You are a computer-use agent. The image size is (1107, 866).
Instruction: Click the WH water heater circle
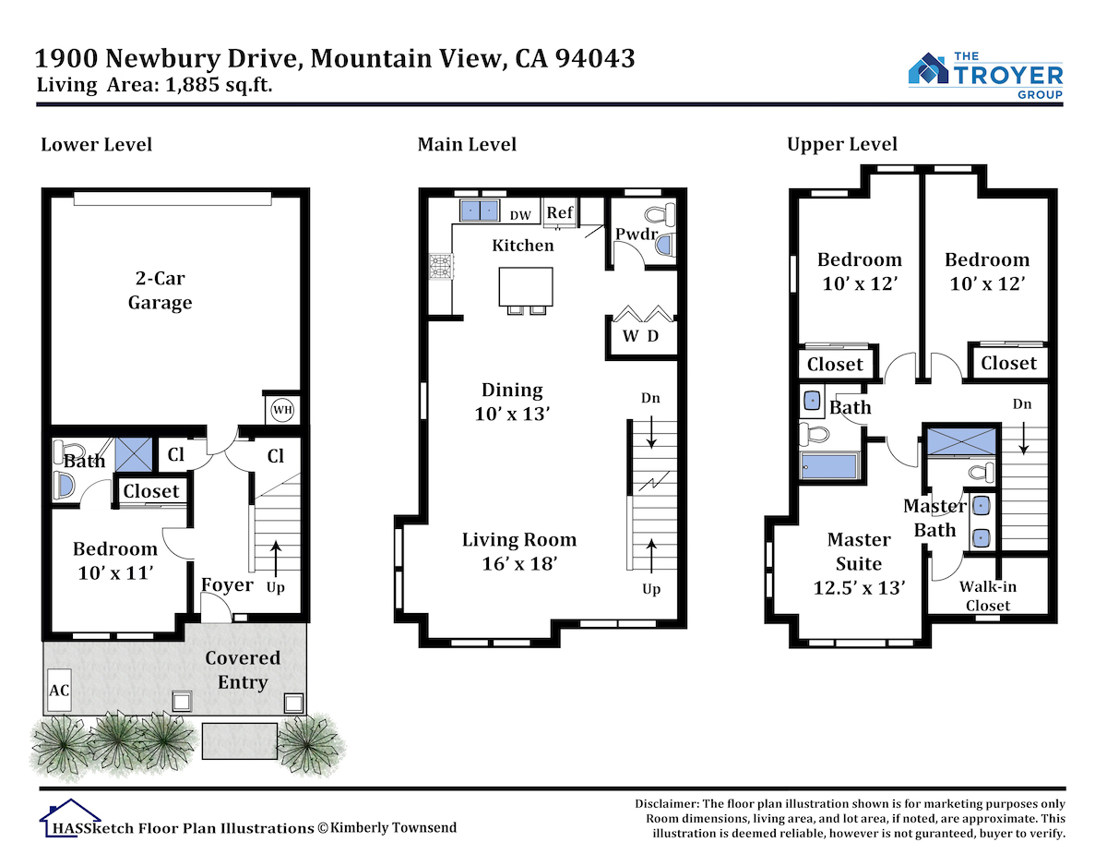282,409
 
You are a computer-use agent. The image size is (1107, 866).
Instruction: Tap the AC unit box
59,690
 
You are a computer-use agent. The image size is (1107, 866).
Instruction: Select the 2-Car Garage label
160,290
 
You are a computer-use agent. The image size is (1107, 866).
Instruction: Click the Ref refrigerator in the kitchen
559,212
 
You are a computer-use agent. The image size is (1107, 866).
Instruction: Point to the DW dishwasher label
520,215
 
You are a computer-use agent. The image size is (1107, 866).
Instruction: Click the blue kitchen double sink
479,210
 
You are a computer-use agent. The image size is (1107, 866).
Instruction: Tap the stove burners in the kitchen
441,267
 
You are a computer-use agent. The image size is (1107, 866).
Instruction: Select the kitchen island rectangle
526,286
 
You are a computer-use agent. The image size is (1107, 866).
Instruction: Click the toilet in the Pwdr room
661,214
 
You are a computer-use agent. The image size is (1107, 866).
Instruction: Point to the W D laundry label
640,335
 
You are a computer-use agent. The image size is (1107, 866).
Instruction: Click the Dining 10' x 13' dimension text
512,414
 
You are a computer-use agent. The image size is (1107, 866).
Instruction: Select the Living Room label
519,539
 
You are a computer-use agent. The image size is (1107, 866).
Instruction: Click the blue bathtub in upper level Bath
828,466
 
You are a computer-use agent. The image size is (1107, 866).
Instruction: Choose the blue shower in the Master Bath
961,441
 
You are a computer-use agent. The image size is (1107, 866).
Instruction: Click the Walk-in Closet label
988,595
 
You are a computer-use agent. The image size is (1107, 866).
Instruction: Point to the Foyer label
227,584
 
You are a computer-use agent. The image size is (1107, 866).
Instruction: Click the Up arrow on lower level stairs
276,557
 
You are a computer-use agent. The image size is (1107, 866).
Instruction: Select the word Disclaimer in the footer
667,804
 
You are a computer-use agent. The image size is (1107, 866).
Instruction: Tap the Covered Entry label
243,669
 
